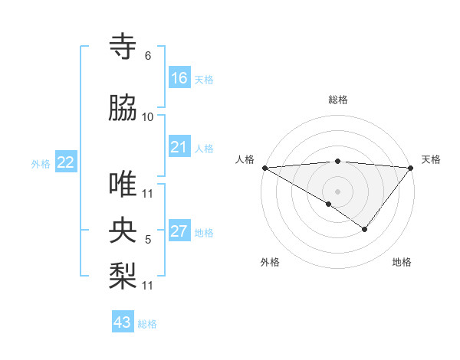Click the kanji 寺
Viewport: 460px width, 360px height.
tap(123, 47)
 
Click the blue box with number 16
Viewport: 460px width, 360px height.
tap(179, 78)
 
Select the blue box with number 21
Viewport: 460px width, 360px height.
tap(179, 147)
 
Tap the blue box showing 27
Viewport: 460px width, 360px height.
tap(179, 232)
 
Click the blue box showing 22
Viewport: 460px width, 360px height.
tap(66, 162)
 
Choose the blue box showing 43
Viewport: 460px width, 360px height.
tap(123, 322)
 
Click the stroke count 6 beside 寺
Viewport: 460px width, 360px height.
tap(147, 56)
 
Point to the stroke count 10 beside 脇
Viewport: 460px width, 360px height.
tap(148, 117)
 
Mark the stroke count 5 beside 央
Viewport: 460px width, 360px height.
tap(147, 240)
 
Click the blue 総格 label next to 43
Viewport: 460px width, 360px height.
tap(147, 324)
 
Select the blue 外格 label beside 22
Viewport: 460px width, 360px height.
tap(41, 163)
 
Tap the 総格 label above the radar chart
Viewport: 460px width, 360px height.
tap(337, 100)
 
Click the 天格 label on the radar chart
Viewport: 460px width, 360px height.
tap(432, 159)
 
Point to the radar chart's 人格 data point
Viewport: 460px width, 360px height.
tap(264, 167)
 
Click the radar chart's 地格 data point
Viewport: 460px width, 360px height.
tap(365, 229)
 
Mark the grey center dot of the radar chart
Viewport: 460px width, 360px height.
tap(337, 191)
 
